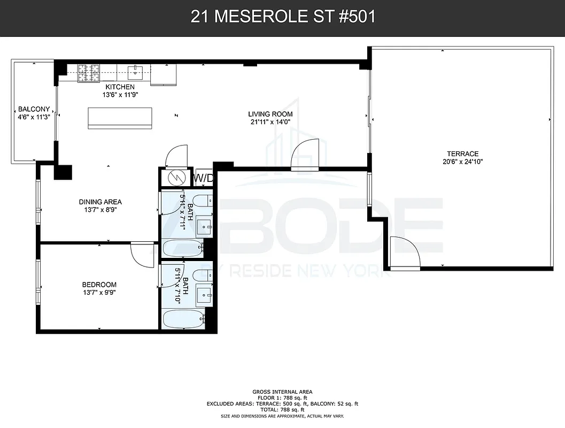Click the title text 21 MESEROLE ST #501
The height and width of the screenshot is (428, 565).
[x=282, y=17]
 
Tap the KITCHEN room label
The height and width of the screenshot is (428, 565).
[x=120, y=87]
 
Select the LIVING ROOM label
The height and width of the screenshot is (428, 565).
[x=270, y=114]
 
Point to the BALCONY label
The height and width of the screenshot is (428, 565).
[x=34, y=109]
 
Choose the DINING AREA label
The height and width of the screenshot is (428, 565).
[x=100, y=202]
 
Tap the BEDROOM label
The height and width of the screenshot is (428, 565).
[x=99, y=285]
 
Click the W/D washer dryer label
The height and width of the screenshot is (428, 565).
[x=203, y=178]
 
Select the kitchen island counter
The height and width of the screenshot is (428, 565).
[x=120, y=118]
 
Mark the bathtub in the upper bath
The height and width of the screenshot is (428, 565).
[x=183, y=247]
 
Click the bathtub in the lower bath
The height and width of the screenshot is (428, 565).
[x=183, y=321]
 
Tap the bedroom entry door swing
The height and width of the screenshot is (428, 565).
[x=142, y=255]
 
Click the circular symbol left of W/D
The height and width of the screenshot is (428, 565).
[x=175, y=178]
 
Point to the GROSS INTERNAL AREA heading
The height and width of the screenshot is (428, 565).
[x=282, y=392]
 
